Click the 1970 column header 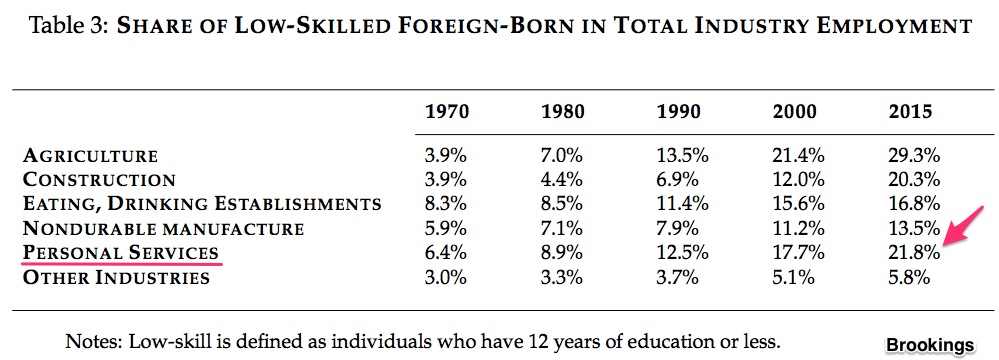click(447, 112)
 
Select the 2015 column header click(910, 112)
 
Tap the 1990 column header click(679, 112)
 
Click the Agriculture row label click(90, 155)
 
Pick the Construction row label click(99, 180)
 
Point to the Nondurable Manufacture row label click(163, 228)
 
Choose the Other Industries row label click(116, 277)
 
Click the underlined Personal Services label click(120, 253)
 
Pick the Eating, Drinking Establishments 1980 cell click(563, 204)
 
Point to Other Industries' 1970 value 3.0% click(446, 277)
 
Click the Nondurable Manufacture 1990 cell click(677, 228)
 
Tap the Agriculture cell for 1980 click(563, 155)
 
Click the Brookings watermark click(930, 345)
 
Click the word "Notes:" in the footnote click(94, 342)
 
